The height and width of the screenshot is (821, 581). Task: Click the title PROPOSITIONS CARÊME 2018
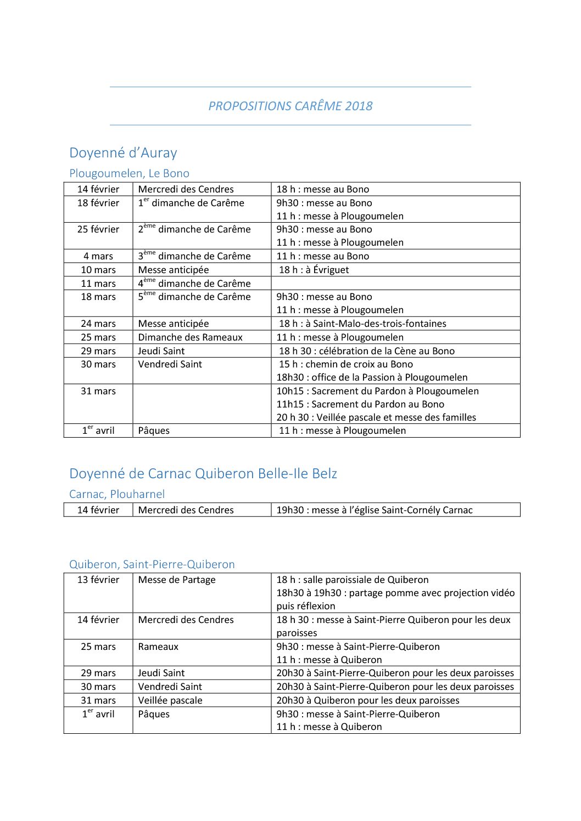tap(290, 106)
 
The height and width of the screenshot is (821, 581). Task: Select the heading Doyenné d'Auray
tap(123, 152)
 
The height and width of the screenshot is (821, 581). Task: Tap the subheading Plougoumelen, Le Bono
tap(129, 173)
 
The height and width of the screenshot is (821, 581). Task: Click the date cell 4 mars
tap(98, 256)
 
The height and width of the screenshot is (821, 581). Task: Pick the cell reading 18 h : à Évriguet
tap(314, 270)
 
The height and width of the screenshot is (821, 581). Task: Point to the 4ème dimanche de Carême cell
tap(194, 284)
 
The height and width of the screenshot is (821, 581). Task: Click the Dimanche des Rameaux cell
tap(190, 337)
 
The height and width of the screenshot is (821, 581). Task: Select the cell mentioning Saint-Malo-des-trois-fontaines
tap(362, 324)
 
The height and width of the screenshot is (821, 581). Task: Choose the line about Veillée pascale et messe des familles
tap(376, 417)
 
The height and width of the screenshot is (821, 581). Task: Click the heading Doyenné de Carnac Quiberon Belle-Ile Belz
tap(203, 473)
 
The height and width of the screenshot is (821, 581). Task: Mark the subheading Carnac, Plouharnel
tap(117, 494)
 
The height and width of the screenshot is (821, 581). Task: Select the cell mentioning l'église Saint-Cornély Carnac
tap(374, 510)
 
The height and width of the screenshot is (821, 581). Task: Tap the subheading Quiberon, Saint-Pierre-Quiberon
tap(152, 564)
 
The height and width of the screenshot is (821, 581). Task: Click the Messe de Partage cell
tap(177, 580)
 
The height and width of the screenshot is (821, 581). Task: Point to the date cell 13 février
tap(98, 580)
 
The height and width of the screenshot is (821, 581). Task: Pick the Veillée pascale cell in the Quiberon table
tap(170, 700)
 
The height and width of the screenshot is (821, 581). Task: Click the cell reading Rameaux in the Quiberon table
tap(158, 647)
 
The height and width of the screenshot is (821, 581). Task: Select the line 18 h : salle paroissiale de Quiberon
tap(352, 580)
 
